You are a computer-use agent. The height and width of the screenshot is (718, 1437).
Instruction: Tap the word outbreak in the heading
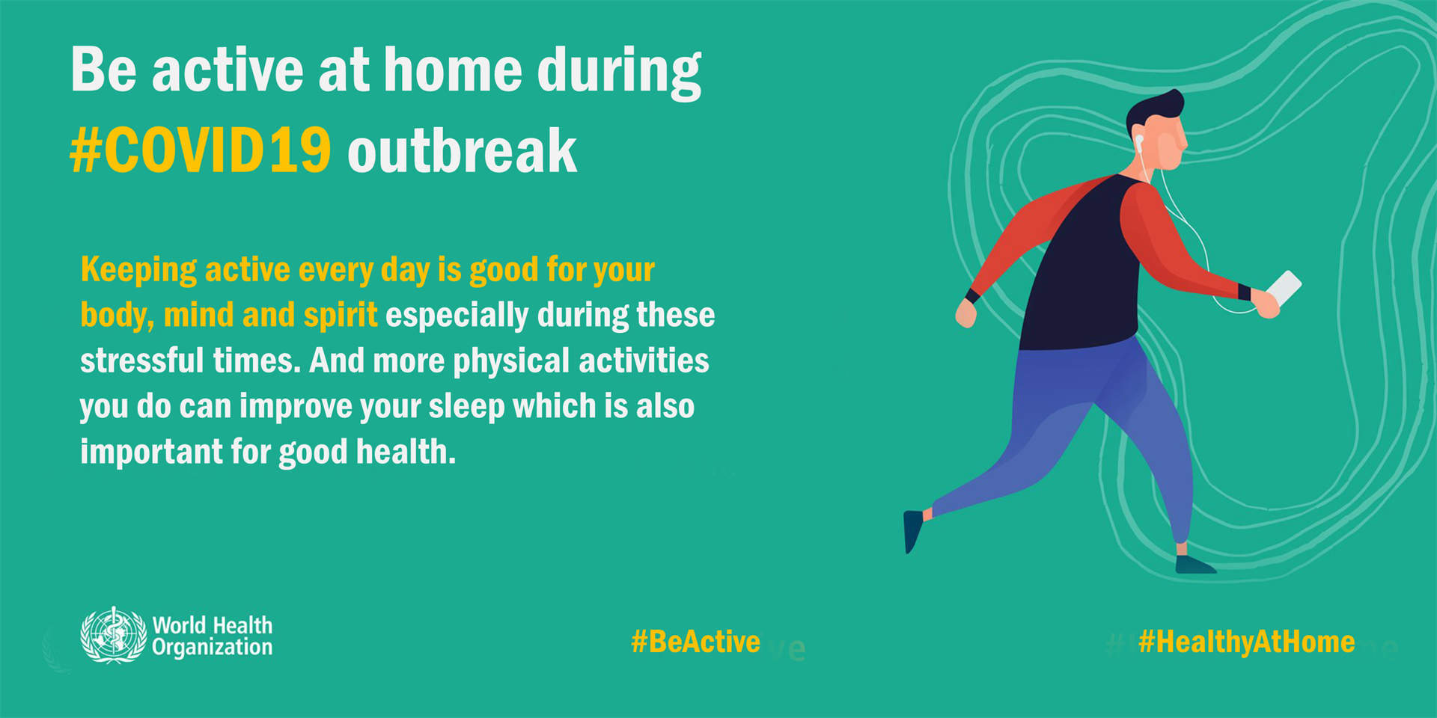pyautogui.click(x=462, y=152)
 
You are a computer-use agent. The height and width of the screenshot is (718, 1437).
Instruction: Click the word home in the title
pyautogui.click(x=453, y=71)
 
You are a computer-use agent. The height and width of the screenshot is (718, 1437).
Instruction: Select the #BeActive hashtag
pyautogui.click(x=695, y=642)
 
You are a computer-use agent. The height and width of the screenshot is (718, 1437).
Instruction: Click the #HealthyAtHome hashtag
pyautogui.click(x=1246, y=642)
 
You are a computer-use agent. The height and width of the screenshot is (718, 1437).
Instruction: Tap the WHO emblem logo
pyautogui.click(x=114, y=636)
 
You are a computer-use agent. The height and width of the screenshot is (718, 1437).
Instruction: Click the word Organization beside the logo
pyautogui.click(x=212, y=648)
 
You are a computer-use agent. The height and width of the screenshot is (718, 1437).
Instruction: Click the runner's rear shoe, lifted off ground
pyautogui.click(x=912, y=530)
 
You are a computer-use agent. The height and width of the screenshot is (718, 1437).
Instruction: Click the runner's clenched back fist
pyautogui.click(x=966, y=314)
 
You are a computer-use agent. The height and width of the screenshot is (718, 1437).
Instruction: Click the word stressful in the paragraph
pyautogui.click(x=141, y=361)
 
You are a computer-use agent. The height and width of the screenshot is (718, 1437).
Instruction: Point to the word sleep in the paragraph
pyautogui.click(x=466, y=408)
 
